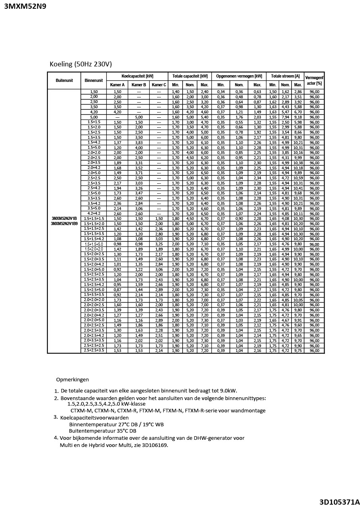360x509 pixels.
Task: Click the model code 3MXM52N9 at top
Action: coord(25,6)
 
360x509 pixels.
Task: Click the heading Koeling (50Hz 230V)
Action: coord(81,64)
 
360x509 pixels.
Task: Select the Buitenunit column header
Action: coord(64,80)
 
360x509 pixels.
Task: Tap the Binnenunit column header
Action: coord(93,80)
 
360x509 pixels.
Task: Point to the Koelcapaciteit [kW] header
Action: coord(137,76)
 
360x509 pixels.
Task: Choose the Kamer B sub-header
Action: coord(139,85)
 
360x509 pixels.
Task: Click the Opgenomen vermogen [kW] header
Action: coord(239,76)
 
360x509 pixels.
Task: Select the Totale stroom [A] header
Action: coord(285,76)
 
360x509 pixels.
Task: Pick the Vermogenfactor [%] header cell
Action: coord(314,80)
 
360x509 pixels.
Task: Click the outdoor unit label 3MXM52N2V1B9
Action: coord(64,224)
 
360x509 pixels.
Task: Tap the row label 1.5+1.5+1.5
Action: coord(94,219)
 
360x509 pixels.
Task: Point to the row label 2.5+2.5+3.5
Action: coord(94,350)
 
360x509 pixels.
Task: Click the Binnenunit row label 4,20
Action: coord(94,112)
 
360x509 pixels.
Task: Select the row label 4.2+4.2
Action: coord(94,214)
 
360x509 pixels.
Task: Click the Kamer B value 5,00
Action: coord(139,117)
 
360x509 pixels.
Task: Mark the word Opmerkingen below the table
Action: coord(72,380)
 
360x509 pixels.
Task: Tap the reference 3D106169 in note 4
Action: coord(153,445)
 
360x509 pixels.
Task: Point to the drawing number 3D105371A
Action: coord(339,502)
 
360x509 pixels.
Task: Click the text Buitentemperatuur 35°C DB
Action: coord(102,431)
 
